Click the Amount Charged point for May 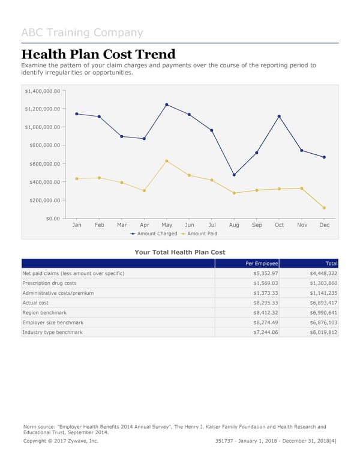click(167, 104)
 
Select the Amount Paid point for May click(167, 161)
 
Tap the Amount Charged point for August click(234, 175)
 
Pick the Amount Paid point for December click(324, 208)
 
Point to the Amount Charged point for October click(279, 116)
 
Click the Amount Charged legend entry click(154, 234)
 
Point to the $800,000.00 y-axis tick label click(43, 145)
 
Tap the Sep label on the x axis click(257, 225)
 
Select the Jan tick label click(77, 225)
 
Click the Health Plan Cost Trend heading click(98, 54)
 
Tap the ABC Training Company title click(82, 32)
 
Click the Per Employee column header click(262, 264)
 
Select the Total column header click(332, 264)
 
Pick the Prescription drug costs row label click(49, 283)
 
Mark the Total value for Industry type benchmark click(324, 332)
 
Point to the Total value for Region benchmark click(324, 312)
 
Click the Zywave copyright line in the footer click(60, 441)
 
